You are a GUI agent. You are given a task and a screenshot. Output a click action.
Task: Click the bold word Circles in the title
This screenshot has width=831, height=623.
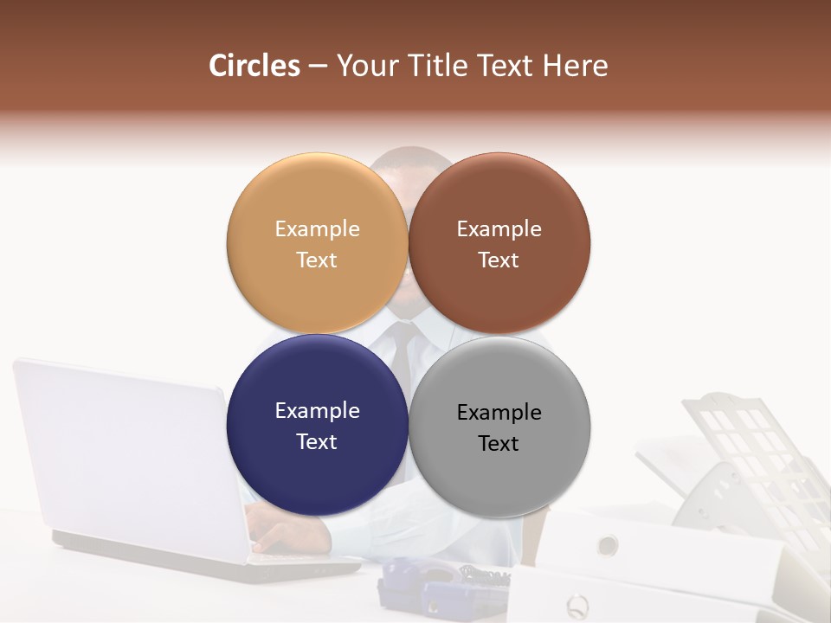tap(254, 66)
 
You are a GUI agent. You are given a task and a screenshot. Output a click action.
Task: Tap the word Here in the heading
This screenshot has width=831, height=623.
tap(575, 66)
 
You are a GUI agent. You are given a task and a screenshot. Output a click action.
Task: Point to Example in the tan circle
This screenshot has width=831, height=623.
tap(317, 229)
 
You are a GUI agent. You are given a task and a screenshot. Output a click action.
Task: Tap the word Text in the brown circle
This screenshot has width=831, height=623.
tap(499, 260)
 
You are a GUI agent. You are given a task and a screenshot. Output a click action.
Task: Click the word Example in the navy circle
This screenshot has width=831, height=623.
tap(317, 411)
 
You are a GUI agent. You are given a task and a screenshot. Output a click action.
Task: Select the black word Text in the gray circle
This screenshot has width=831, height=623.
tap(499, 444)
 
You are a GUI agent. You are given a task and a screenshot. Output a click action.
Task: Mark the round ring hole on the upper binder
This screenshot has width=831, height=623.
tap(608, 545)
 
